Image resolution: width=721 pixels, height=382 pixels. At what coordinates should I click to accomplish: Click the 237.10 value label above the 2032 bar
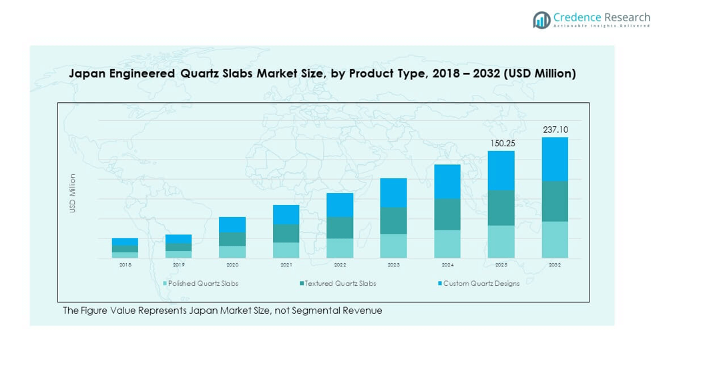pyautogui.click(x=555, y=130)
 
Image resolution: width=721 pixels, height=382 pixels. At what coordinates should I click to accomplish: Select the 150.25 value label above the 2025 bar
pyautogui.click(x=501, y=143)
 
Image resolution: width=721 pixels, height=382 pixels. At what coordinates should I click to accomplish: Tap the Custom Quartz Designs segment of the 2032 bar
pyautogui.click(x=555, y=159)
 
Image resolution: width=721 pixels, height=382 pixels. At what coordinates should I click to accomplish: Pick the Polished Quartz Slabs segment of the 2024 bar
pyautogui.click(x=447, y=244)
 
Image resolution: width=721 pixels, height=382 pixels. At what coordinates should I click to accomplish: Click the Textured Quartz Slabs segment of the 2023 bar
pyautogui.click(x=393, y=220)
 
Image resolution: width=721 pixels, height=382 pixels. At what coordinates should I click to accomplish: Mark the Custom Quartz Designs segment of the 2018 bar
pyautogui.click(x=125, y=242)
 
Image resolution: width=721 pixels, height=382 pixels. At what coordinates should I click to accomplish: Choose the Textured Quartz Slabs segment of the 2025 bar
pyautogui.click(x=501, y=208)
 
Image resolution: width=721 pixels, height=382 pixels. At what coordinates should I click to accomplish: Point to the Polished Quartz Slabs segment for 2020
pyautogui.click(x=232, y=252)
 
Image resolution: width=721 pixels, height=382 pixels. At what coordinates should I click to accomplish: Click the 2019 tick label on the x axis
pyautogui.click(x=179, y=265)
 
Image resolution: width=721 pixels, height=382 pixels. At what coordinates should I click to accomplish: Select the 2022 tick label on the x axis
pyautogui.click(x=340, y=265)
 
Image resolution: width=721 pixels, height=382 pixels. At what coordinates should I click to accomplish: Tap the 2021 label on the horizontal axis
pyautogui.click(x=286, y=265)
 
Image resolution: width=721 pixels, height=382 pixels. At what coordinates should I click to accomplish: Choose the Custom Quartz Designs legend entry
pyautogui.click(x=481, y=284)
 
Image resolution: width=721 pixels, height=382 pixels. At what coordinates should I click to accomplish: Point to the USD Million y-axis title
pyautogui.click(x=73, y=193)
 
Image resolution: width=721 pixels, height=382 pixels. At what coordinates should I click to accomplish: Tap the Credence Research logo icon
pyautogui.click(x=541, y=20)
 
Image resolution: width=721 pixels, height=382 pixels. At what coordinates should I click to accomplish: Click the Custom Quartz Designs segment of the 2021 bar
pyautogui.click(x=286, y=214)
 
